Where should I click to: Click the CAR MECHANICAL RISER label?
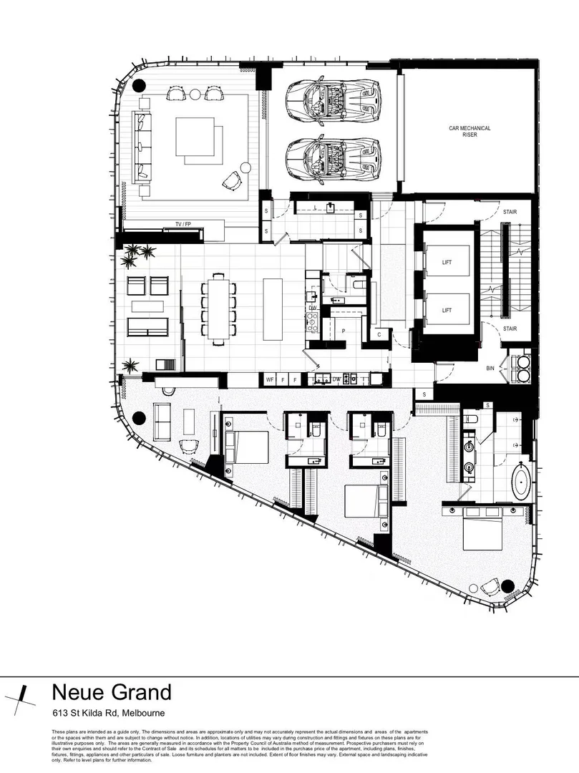[x=469, y=131]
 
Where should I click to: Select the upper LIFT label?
[x=447, y=263]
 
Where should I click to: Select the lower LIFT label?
[x=447, y=310]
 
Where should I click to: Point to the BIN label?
[x=490, y=368]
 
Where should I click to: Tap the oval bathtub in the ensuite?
[x=522, y=482]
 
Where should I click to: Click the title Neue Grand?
[x=112, y=692]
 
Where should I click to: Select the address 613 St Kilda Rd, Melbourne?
[x=108, y=713]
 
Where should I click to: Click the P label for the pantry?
[x=344, y=331]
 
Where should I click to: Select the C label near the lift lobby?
[x=379, y=334]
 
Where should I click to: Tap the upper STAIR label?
[x=510, y=212]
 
